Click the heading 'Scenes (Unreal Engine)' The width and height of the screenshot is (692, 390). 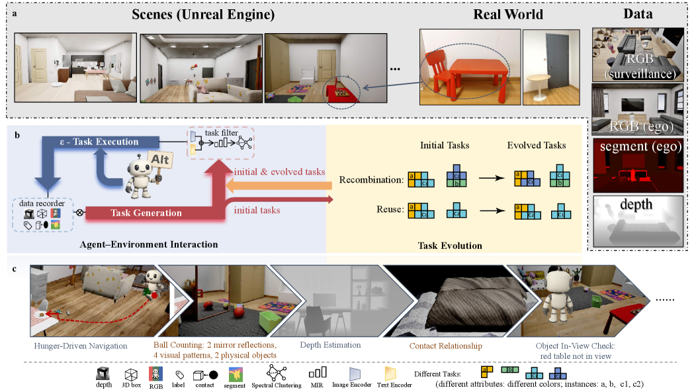[x=202, y=14]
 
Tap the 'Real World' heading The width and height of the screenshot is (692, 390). [x=508, y=14]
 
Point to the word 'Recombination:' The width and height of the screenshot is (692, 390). [x=370, y=179]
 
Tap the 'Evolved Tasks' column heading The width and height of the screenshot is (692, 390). [x=537, y=145]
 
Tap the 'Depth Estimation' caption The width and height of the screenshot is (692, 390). [x=330, y=345]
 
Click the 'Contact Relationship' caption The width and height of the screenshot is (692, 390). [x=445, y=346]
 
